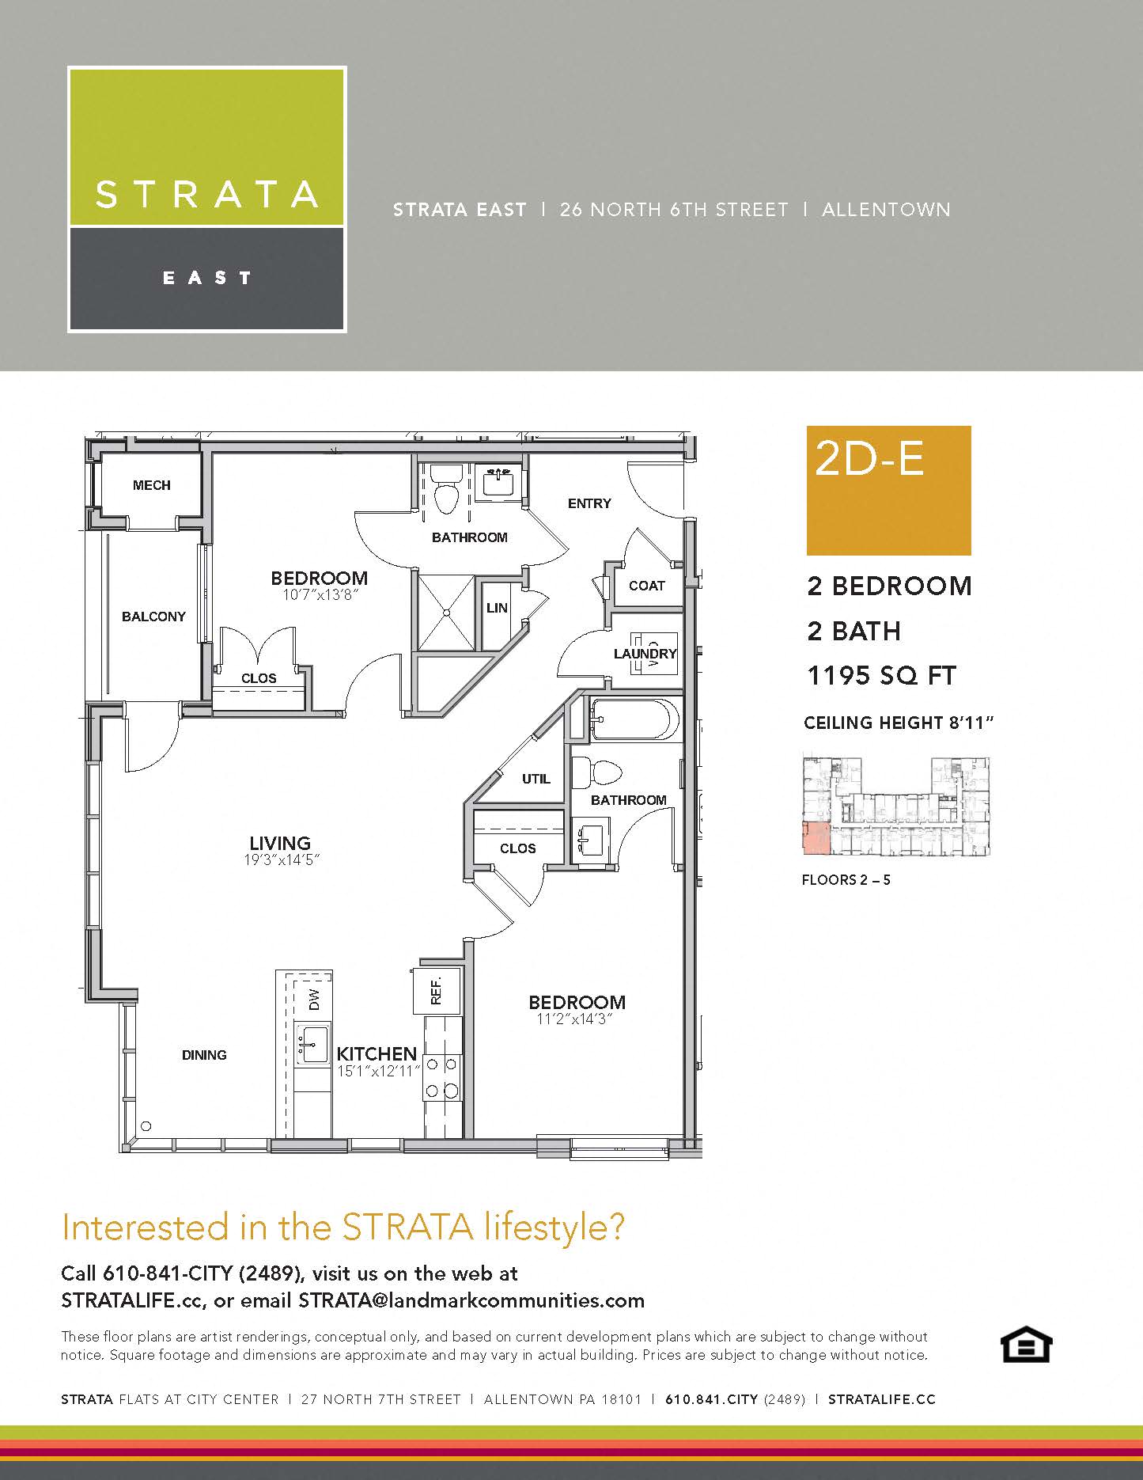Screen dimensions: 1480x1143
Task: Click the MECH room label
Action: (x=151, y=485)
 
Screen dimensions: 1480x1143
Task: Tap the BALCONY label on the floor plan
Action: (x=153, y=617)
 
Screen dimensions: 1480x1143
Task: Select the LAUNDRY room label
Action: (x=645, y=654)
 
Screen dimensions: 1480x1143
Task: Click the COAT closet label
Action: (x=646, y=586)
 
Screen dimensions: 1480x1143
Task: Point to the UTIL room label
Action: (x=536, y=779)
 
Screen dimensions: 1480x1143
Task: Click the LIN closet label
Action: (x=497, y=608)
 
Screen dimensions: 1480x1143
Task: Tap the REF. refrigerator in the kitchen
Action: (x=436, y=990)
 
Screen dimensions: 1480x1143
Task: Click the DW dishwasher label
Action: (x=314, y=1000)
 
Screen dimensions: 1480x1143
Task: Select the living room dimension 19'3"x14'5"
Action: (x=282, y=860)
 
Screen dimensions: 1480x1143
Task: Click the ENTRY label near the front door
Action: (x=589, y=503)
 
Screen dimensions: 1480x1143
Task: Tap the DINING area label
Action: (x=204, y=1055)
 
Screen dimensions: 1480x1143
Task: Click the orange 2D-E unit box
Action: (x=888, y=491)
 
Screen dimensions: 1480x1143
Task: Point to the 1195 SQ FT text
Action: (x=881, y=676)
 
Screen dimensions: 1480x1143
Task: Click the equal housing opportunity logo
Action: (x=1026, y=1345)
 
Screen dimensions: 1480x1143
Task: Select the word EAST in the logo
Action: (x=207, y=278)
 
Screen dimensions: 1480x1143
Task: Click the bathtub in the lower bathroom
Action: (x=635, y=719)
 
